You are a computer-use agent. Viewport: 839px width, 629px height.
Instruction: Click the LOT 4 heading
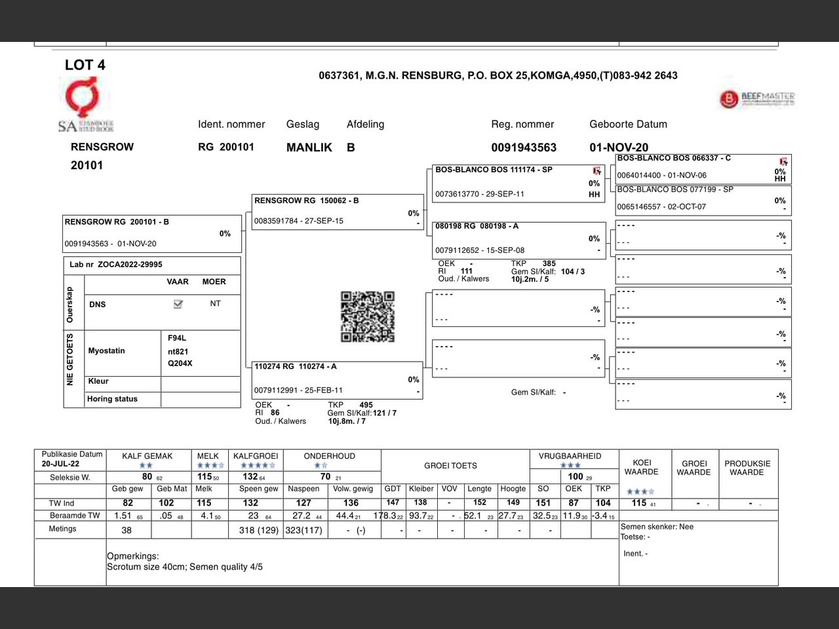click(85, 65)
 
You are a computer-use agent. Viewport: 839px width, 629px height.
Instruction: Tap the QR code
click(368, 317)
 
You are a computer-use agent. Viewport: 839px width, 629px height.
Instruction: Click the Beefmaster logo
click(757, 99)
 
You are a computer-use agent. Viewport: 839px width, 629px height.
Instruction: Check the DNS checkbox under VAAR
click(178, 304)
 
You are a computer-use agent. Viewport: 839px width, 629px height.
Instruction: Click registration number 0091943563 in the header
click(524, 147)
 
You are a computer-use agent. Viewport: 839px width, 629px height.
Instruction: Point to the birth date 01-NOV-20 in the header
click(619, 147)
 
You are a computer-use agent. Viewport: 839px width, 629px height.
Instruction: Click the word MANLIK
click(309, 147)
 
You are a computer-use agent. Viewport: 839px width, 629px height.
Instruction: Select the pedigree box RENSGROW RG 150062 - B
click(338, 212)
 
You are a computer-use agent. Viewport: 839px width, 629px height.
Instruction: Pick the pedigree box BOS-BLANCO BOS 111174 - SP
click(518, 182)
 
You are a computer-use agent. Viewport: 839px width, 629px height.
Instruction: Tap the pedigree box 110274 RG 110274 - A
click(338, 380)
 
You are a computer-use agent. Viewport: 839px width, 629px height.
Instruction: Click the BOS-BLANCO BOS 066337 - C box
click(703, 168)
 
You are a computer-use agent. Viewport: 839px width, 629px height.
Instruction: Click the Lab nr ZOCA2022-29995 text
click(116, 265)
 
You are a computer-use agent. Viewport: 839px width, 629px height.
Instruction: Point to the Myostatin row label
click(106, 351)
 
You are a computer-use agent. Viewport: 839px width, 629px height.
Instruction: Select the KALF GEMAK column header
click(147, 456)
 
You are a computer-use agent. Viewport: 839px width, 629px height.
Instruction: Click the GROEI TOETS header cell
click(450, 466)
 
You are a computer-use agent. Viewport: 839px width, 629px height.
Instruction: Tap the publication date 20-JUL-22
click(61, 464)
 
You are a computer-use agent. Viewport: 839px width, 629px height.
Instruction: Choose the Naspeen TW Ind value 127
click(303, 503)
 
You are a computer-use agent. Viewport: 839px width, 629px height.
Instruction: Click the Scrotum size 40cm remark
click(185, 567)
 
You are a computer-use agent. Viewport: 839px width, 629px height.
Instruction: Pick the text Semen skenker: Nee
click(657, 527)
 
